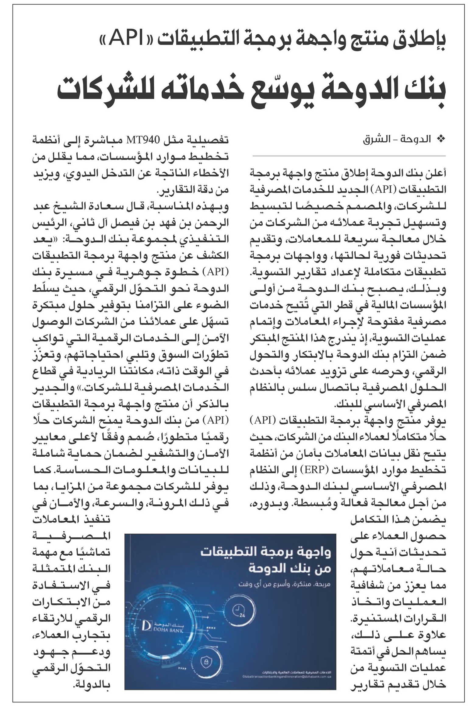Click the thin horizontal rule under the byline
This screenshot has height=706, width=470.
pyautogui.click(x=349, y=156)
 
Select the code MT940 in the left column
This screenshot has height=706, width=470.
pyautogui.click(x=143, y=140)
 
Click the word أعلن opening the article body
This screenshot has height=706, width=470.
pyautogui.click(x=437, y=174)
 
